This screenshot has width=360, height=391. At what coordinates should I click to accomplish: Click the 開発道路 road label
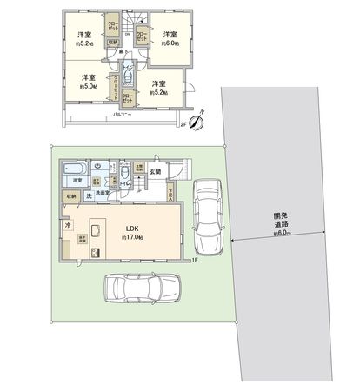pos(281,221)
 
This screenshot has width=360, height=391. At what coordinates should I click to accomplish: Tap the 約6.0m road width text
pos(280,234)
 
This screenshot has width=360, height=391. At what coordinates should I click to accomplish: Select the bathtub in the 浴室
pos(74,169)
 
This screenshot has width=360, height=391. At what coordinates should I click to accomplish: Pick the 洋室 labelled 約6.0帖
pos(170,39)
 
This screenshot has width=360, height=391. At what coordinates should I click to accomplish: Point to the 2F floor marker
pos(183,124)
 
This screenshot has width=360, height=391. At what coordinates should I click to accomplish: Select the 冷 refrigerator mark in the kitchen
pos(68,224)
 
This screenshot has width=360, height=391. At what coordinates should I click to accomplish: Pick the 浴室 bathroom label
pos(77,181)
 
